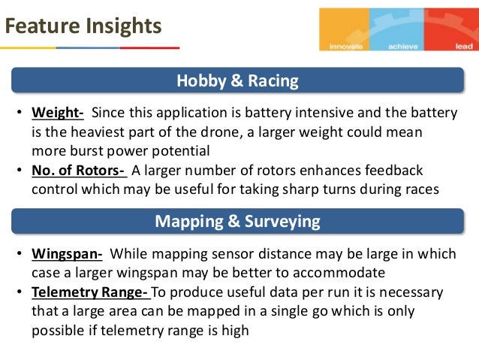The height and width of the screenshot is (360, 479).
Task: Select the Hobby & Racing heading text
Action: pyautogui.click(x=237, y=80)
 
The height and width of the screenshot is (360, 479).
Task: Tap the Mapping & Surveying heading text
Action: pyautogui.click(x=237, y=222)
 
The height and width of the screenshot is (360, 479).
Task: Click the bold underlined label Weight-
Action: pyautogui.click(x=57, y=113)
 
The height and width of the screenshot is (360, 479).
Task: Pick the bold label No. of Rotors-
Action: pyautogui.click(x=79, y=170)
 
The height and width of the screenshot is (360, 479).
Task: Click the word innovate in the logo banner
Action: pyautogui.click(x=345, y=46)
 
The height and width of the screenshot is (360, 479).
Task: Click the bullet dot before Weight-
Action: pyautogui.click(x=20, y=113)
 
